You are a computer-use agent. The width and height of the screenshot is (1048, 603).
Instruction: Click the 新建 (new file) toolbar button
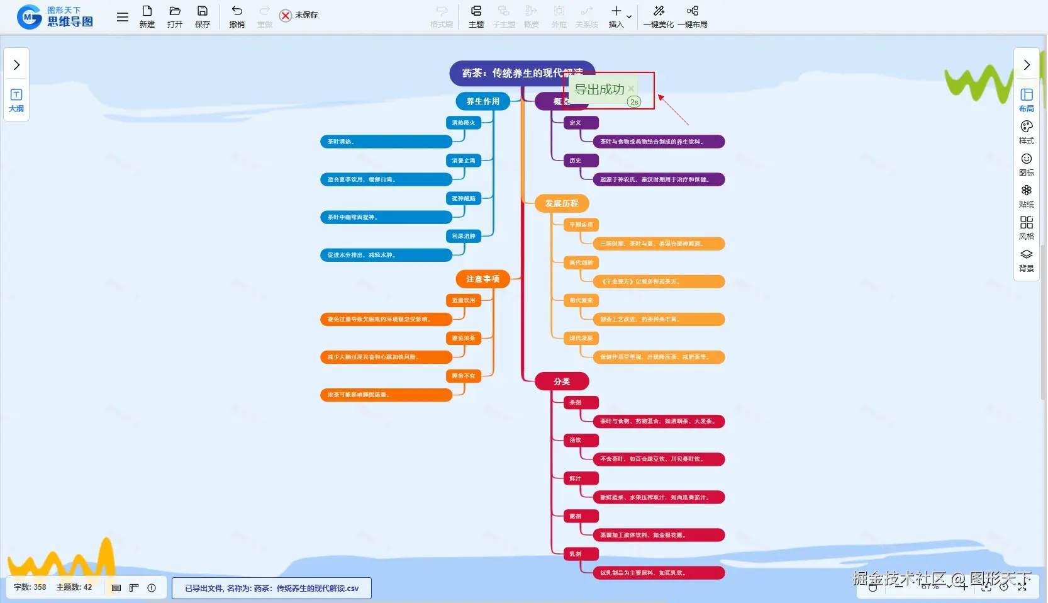(147, 16)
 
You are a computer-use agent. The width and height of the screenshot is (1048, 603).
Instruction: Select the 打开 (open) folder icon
(175, 16)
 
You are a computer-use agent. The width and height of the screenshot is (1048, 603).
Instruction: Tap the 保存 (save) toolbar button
(203, 16)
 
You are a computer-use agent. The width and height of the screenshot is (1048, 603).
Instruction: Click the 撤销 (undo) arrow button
(237, 16)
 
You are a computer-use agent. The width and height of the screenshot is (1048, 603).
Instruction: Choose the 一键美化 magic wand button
(659, 16)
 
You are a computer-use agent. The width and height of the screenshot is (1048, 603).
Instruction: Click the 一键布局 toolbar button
(693, 16)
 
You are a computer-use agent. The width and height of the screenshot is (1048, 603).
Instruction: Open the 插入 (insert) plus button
(616, 16)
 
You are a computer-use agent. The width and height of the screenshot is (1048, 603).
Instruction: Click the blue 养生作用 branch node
(482, 101)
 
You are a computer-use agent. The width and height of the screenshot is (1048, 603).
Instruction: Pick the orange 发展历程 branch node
(562, 203)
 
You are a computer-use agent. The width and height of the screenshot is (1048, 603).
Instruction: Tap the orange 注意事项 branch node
(482, 279)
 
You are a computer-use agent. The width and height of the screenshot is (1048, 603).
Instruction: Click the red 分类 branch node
(562, 381)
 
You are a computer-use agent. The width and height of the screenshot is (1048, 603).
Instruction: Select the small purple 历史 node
(576, 161)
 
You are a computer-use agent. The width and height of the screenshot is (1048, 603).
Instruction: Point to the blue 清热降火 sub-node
(464, 123)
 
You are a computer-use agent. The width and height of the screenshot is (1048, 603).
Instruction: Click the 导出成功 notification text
(599, 89)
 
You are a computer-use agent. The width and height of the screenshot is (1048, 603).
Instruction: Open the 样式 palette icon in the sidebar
(1027, 132)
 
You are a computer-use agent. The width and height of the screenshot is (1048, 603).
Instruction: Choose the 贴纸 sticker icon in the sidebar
(1027, 195)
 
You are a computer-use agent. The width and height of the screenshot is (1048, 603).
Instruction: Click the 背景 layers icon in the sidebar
(1027, 259)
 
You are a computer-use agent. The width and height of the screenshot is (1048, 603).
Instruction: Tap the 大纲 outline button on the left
(16, 100)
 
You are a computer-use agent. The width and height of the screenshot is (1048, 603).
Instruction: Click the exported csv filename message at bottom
(272, 589)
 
